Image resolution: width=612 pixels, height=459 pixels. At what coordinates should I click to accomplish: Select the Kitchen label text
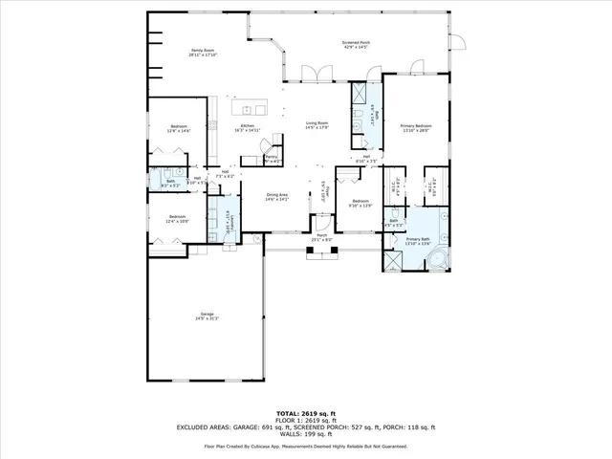[247, 127]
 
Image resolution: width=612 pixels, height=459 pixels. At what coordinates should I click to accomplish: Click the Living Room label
[317, 125]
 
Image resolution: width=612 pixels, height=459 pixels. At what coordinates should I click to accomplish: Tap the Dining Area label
[278, 197]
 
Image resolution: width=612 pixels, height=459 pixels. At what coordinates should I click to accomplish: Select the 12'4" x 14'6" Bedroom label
[180, 128]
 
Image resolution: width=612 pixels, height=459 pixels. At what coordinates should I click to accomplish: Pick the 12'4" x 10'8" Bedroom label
[178, 219]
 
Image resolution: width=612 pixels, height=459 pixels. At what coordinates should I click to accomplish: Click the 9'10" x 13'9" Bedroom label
[361, 204]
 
